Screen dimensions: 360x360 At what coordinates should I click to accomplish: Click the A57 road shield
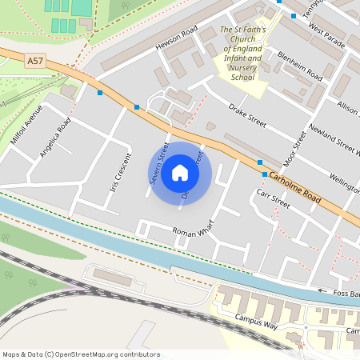point(35,60)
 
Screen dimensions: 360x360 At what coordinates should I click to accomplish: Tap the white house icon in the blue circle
point(180,172)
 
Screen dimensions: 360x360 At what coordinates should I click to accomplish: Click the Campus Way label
point(255,322)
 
